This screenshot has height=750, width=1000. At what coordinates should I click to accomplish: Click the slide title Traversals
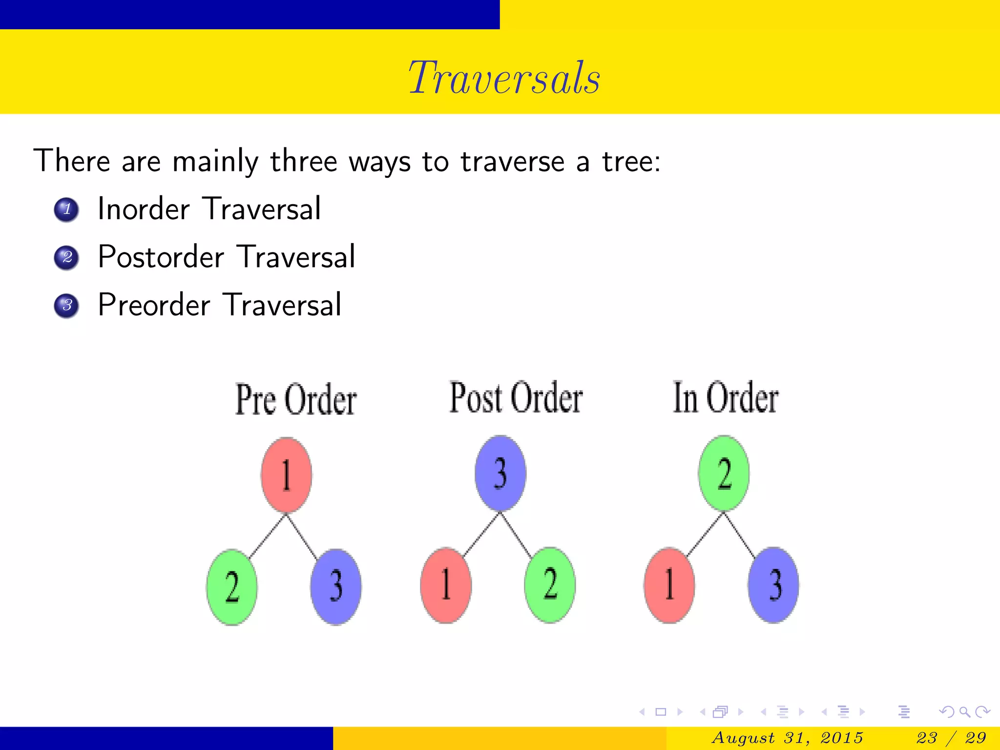(x=504, y=78)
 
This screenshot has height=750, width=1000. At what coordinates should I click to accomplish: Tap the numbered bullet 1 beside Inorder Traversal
(x=66, y=210)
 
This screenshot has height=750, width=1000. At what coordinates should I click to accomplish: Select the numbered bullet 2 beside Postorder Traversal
(x=66, y=257)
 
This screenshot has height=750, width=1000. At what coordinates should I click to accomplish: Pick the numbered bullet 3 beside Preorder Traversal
(x=66, y=306)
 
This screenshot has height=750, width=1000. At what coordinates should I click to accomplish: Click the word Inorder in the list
(x=144, y=209)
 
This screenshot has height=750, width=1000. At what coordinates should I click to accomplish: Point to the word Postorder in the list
(x=161, y=257)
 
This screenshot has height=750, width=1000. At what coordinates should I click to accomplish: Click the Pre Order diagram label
(x=296, y=399)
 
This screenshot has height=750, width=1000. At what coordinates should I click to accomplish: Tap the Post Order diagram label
(x=516, y=398)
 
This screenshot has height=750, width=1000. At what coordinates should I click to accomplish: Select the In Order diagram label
(x=726, y=398)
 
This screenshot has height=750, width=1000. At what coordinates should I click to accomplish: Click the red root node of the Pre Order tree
(x=287, y=475)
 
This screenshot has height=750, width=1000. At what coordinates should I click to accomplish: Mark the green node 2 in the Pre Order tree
(x=232, y=586)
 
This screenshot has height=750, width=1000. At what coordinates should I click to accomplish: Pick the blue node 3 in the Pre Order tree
(x=336, y=586)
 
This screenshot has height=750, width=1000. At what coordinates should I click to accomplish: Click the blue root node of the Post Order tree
(x=500, y=473)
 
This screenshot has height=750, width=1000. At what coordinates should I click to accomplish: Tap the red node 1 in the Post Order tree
(x=446, y=585)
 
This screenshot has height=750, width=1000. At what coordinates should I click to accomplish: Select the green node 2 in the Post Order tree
(x=550, y=585)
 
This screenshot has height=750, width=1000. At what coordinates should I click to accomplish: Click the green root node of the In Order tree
(x=724, y=473)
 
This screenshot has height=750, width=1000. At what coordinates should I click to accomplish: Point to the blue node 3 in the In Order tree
(x=774, y=585)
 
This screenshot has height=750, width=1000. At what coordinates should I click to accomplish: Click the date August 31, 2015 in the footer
(x=787, y=738)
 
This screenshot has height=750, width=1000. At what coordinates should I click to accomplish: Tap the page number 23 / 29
(x=951, y=738)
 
